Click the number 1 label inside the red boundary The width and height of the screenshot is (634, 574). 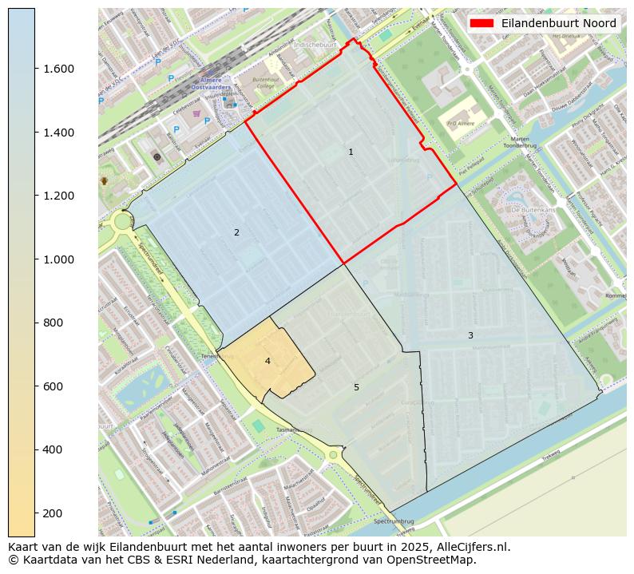(x=351, y=152)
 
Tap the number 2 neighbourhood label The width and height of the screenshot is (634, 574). (x=236, y=232)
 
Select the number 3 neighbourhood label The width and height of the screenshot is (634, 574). (x=470, y=335)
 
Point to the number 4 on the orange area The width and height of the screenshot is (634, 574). (x=267, y=361)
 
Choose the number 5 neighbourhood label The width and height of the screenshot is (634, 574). (x=356, y=387)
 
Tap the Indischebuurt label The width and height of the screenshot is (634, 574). (x=315, y=46)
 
